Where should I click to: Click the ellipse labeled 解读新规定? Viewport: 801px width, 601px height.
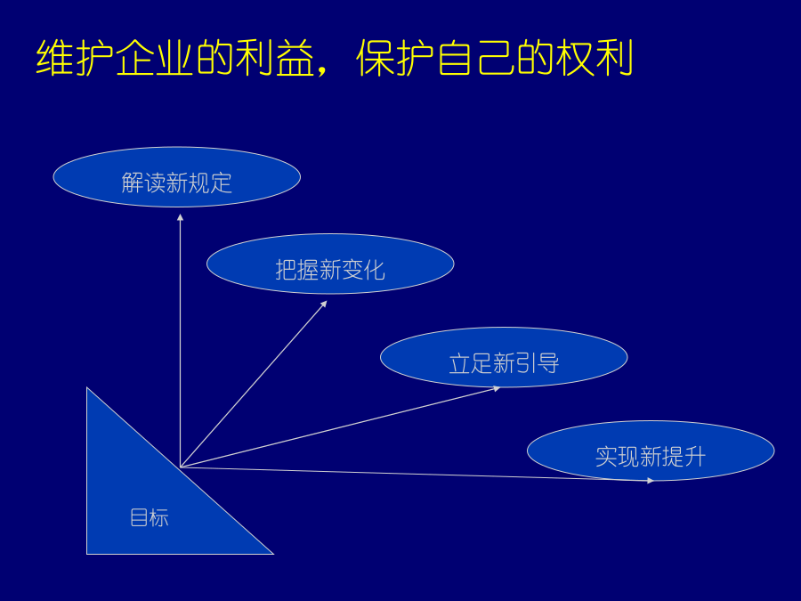point(177,177)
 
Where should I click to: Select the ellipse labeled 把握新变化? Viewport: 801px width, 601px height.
point(330,264)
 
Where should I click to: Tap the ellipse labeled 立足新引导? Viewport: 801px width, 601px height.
point(504,357)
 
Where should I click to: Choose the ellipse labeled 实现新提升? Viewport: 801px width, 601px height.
point(651,451)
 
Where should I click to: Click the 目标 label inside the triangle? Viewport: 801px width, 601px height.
point(150,517)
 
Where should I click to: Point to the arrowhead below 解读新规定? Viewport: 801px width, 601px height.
point(181,217)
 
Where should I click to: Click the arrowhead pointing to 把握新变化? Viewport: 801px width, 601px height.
point(324,305)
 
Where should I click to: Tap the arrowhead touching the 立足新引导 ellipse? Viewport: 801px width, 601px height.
point(497,389)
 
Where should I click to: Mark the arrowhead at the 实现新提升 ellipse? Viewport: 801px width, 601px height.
point(651,481)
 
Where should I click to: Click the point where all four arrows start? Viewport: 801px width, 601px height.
point(181,467)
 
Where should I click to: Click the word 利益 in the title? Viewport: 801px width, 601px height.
point(275,58)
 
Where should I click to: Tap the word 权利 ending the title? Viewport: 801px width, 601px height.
point(595,58)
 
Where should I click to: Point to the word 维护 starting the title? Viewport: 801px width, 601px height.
point(75,58)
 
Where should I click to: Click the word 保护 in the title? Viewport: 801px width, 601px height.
point(395,58)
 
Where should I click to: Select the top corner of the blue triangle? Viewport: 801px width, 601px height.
point(87,388)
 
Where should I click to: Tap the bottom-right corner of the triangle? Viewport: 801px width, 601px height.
point(273,554)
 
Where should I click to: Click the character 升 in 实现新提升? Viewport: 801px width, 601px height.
point(695,457)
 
